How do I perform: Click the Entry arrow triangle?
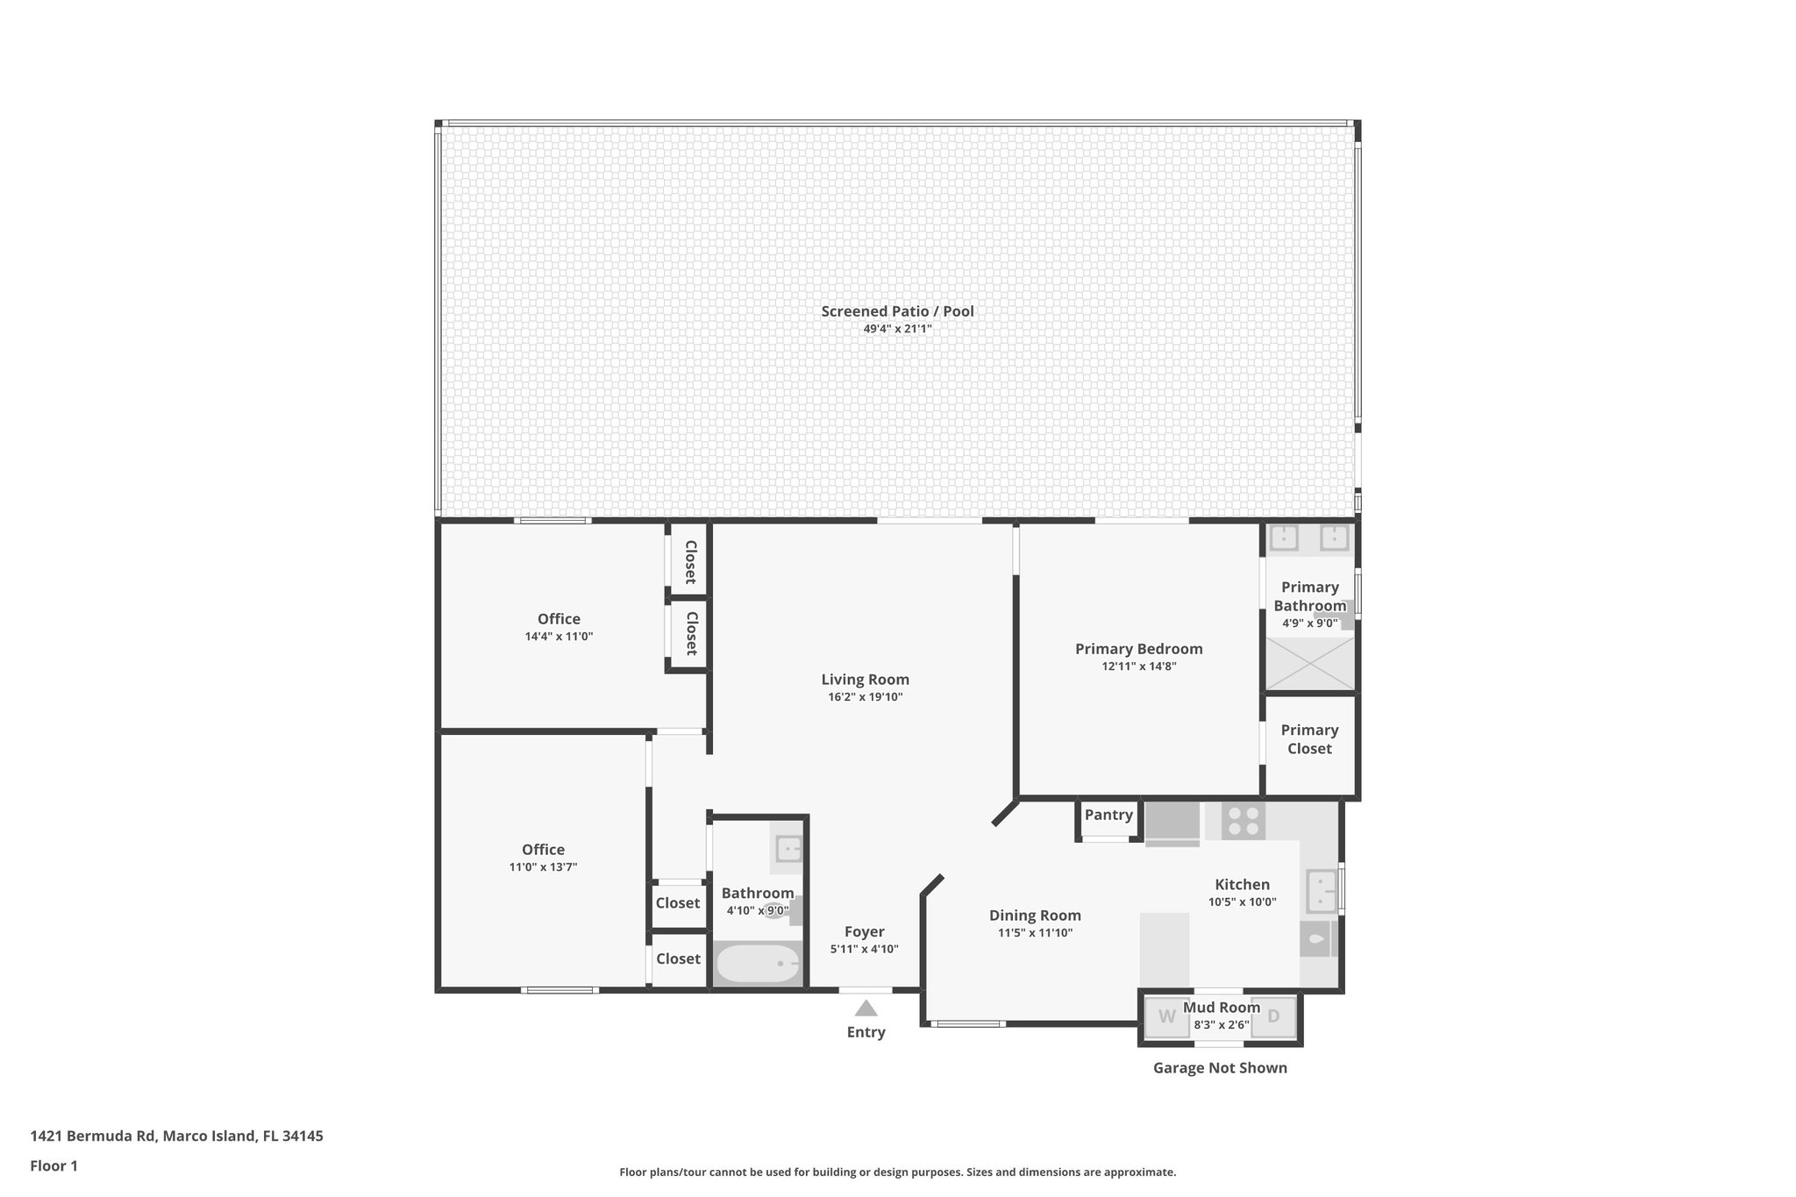866,1008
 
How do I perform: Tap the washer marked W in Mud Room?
1166,1017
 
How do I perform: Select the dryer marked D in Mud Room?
1273,1017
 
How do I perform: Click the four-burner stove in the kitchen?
1243,822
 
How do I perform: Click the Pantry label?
1108,815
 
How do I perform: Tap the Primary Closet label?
1309,739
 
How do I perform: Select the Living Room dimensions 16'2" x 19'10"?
865,697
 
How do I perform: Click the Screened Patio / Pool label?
897,311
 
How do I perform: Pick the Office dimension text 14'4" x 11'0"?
559,637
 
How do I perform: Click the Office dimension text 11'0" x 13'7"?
543,867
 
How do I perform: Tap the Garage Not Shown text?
1219,1067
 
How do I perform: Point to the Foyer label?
864,931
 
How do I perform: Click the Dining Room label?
1035,916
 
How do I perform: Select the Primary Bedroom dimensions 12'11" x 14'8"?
1138,666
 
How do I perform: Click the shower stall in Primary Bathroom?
1309,663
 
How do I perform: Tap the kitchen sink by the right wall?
1321,890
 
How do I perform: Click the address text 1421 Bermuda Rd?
176,1136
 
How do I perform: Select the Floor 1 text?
53,1165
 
